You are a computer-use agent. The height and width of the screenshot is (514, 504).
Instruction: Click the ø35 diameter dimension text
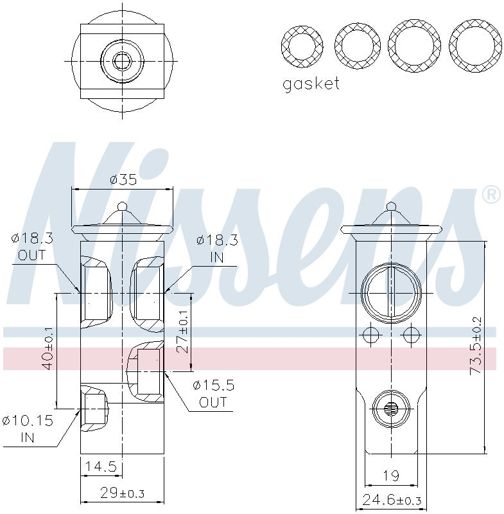point(123,179)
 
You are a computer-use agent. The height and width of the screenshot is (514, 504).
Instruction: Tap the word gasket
point(311,84)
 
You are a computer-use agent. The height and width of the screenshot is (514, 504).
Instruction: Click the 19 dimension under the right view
point(390,475)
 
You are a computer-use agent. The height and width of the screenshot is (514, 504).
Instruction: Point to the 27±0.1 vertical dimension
point(183,332)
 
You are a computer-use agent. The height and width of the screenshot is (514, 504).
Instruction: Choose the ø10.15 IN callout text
point(27,429)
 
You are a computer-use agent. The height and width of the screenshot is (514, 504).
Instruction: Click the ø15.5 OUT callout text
point(213,393)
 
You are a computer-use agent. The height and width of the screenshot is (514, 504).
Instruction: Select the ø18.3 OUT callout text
point(31,247)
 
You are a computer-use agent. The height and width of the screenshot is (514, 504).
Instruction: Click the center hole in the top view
point(121,62)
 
